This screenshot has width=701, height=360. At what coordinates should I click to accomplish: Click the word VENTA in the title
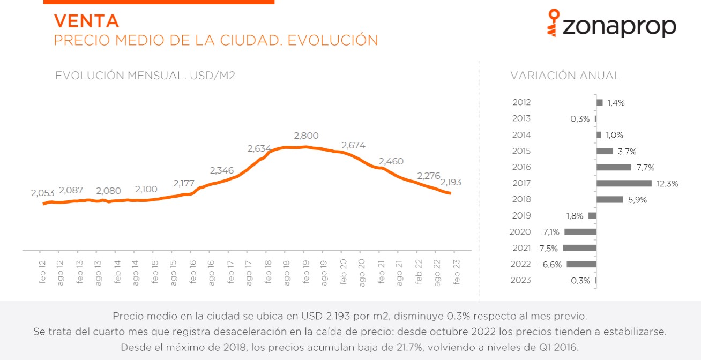point(86,21)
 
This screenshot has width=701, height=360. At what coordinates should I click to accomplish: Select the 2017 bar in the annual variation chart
point(624,183)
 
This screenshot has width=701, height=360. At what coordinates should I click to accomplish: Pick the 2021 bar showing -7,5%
point(579,248)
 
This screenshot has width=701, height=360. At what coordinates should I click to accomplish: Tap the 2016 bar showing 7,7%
point(614,167)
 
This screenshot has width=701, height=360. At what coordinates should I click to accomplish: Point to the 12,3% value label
point(668,184)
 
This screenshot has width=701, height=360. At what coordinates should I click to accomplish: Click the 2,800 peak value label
point(306,136)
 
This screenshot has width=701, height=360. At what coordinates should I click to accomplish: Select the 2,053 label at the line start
point(43,193)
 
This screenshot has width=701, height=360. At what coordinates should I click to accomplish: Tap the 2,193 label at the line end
point(451,182)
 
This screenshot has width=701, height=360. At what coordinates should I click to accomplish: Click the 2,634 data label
point(259,148)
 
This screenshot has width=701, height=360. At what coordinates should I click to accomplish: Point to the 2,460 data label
point(391,161)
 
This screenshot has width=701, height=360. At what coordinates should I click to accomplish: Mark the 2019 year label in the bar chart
point(521,216)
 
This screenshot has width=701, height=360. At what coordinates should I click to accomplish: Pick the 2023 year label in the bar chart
point(521,281)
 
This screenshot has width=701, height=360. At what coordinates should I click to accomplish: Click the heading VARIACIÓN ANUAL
point(565,76)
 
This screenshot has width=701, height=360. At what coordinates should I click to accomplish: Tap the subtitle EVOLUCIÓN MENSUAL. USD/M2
point(145,76)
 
